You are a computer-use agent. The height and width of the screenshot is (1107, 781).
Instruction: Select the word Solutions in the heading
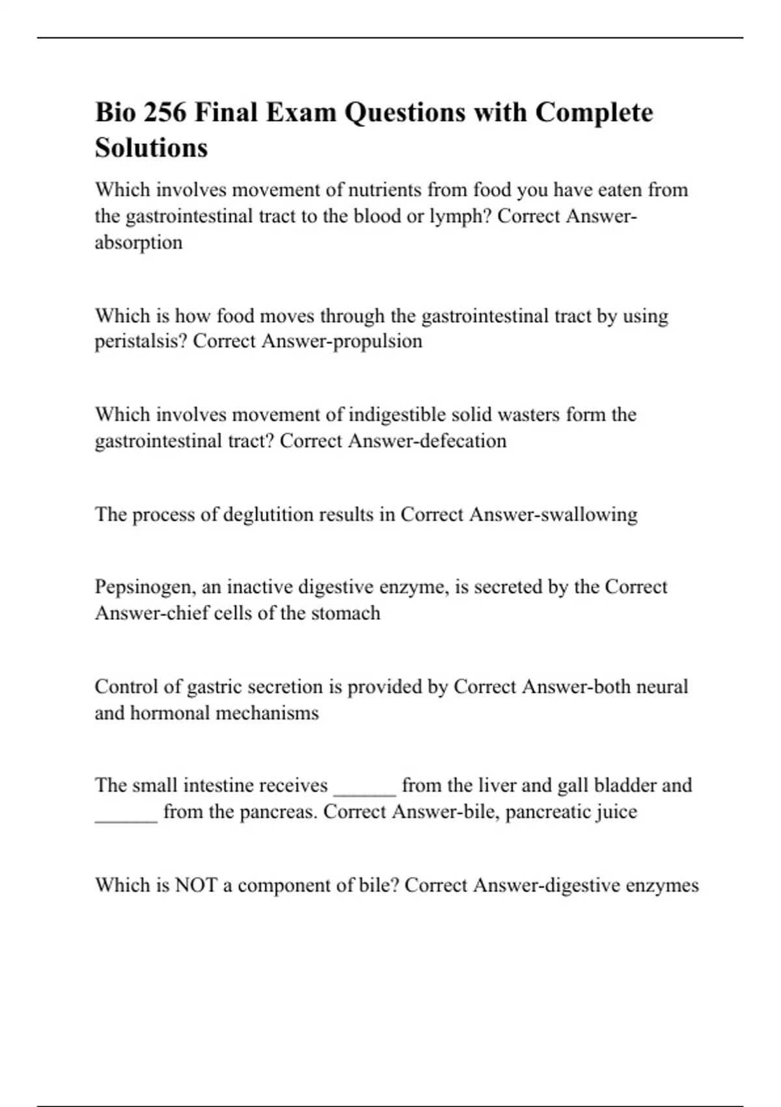pos(151,148)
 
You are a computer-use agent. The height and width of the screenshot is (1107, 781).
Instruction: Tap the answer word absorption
pos(139,242)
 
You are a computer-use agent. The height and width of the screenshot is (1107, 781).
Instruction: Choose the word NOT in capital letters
pos(195,886)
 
